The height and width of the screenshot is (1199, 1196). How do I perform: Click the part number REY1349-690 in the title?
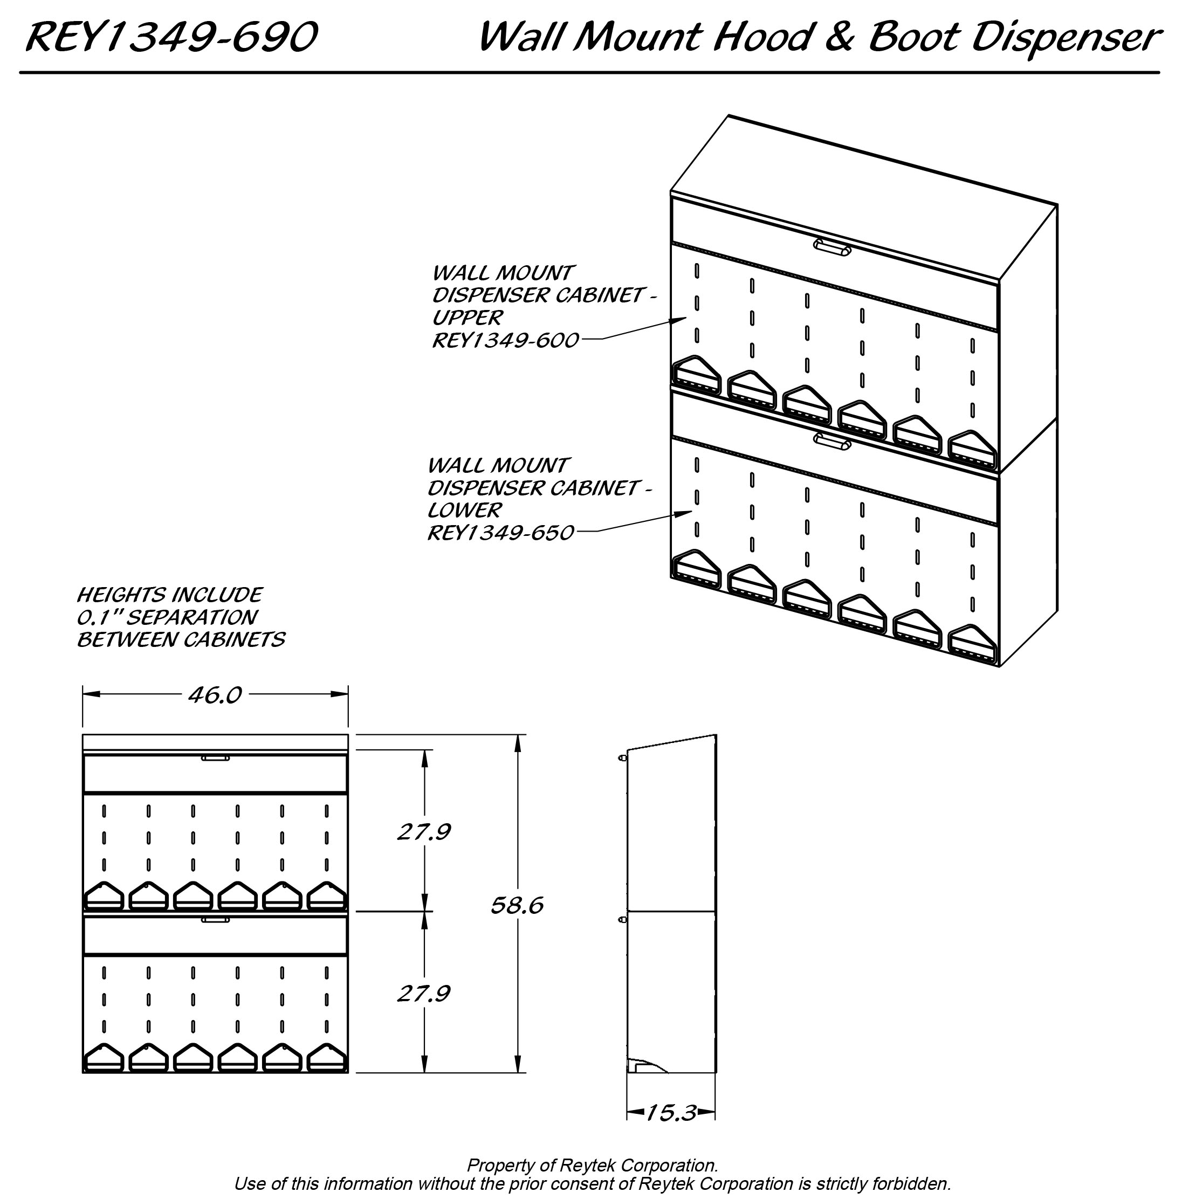[x=171, y=37]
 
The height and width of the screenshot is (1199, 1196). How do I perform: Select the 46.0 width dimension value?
[x=215, y=695]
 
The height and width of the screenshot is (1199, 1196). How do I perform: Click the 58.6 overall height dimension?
[x=517, y=906]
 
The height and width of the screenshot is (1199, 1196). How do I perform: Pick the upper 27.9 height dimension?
[x=423, y=831]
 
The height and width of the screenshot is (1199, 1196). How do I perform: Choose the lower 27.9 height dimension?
[x=423, y=994]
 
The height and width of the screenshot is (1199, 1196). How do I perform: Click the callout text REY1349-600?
[x=505, y=340]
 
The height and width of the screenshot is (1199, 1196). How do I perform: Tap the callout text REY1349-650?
[x=500, y=533]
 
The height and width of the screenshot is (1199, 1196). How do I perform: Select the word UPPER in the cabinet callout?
[x=467, y=318]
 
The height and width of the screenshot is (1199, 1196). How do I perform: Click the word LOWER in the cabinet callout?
[x=464, y=510]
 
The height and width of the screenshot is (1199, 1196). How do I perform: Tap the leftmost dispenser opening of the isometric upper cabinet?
[x=696, y=375]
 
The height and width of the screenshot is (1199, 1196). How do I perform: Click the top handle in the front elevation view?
[x=215, y=758]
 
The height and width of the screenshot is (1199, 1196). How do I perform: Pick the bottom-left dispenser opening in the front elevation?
[x=104, y=1057]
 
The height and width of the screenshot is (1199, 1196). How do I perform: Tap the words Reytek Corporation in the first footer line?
[x=638, y=1165]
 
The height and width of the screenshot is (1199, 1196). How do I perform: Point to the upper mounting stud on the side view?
[x=622, y=758]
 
